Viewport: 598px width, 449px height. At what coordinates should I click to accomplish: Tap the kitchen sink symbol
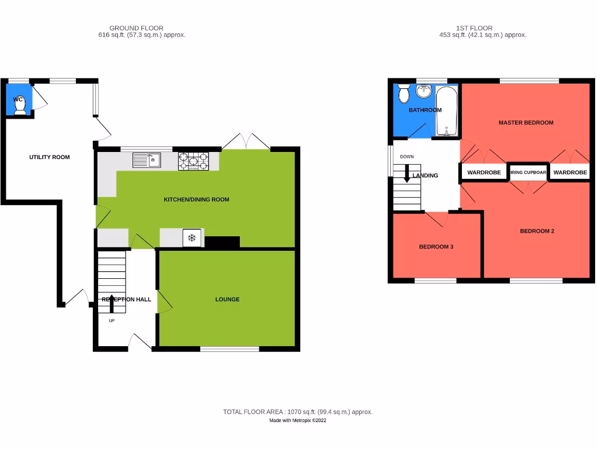147,160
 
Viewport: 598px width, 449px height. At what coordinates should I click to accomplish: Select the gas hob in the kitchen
193,161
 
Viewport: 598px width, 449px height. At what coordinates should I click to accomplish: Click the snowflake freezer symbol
192,238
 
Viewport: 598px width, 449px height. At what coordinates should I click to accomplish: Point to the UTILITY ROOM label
50,157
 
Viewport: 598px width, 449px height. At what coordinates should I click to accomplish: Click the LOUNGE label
227,299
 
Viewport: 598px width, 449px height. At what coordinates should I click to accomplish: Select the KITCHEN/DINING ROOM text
196,199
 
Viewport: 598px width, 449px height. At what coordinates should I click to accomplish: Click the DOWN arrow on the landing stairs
407,174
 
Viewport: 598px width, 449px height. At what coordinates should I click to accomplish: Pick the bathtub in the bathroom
447,112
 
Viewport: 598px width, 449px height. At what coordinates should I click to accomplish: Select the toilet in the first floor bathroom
404,94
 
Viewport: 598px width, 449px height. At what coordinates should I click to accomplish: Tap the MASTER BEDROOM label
526,123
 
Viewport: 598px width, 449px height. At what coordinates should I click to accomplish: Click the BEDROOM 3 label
436,247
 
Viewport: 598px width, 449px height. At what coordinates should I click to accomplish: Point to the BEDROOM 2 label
537,231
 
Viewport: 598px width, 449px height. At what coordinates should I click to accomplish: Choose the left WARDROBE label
484,172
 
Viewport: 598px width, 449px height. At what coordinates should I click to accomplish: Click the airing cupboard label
528,172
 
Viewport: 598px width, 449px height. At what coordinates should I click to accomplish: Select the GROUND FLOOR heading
136,28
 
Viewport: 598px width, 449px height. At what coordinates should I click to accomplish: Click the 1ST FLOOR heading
474,28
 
